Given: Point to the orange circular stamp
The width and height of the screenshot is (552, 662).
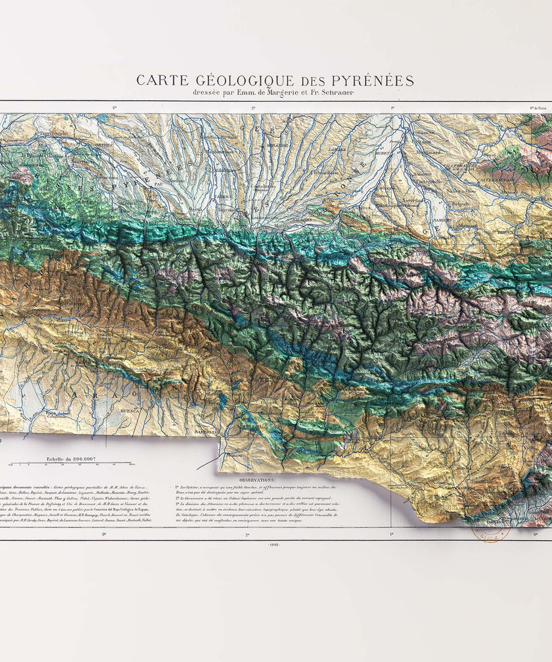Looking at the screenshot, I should [490, 531].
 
